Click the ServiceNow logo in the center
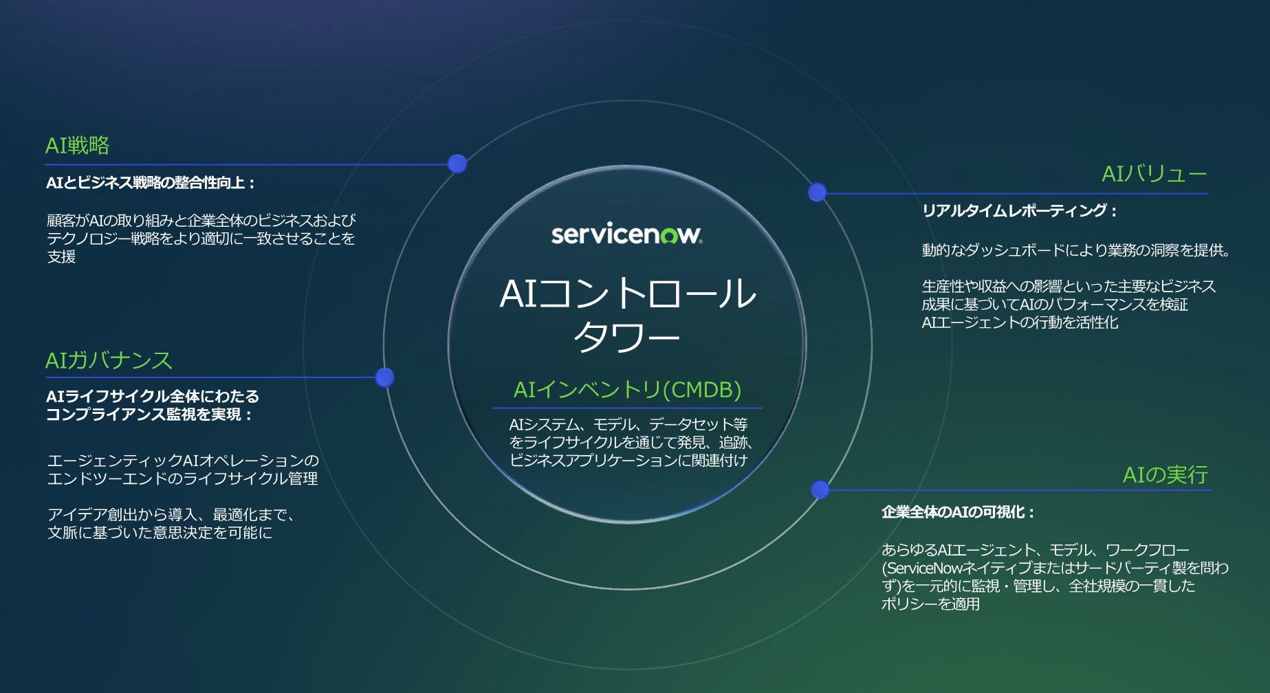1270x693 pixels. pos(626,234)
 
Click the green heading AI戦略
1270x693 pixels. pos(77,146)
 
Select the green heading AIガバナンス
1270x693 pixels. pos(109,360)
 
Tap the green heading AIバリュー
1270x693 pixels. pos(1154,174)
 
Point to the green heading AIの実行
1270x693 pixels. pos(1165,474)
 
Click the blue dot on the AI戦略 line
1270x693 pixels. pos(457,164)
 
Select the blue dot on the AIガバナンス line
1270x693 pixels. pos(385,377)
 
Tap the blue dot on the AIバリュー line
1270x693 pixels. pos(817,192)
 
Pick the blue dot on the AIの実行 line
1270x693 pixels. pos(820,489)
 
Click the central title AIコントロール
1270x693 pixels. pos(627,294)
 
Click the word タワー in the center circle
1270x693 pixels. pos(626,337)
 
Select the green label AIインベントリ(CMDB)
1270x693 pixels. pos(627,390)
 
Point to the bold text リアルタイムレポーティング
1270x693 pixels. pos(1019,211)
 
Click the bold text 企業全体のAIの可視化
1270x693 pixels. pos(958,512)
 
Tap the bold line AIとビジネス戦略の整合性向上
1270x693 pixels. pos(151,183)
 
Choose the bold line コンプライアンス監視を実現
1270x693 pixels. pos(149,415)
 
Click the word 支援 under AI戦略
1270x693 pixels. pos(61,257)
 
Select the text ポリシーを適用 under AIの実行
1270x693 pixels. pos(930,604)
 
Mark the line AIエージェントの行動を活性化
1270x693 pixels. pos(1020,322)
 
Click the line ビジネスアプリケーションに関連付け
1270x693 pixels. pos(628,461)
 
